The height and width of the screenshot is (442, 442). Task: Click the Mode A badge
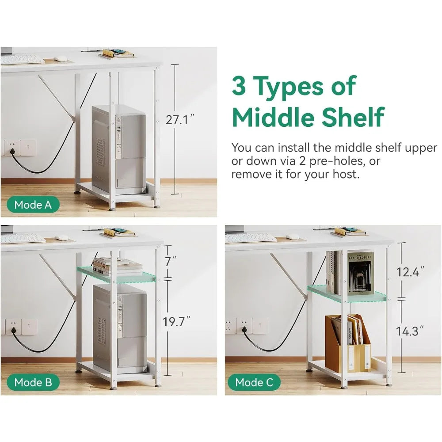click(x=33, y=205)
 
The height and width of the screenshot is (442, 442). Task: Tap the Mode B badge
click(x=33, y=382)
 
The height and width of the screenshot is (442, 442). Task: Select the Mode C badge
click(x=254, y=382)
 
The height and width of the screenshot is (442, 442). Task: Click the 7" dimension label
click(x=171, y=261)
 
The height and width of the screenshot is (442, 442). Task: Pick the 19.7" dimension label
click(x=176, y=321)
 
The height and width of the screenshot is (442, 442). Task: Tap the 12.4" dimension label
click(x=410, y=272)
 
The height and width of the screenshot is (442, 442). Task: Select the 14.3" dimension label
click(x=410, y=331)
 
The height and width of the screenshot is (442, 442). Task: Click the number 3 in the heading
click(x=239, y=86)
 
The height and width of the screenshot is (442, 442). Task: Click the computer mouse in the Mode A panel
click(x=60, y=59)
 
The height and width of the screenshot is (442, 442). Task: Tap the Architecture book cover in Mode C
click(x=361, y=274)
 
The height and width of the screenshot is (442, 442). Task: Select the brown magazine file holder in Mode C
click(x=347, y=343)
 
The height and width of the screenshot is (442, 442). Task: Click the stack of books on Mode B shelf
click(x=117, y=267)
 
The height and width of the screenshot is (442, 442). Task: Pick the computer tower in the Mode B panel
click(x=119, y=326)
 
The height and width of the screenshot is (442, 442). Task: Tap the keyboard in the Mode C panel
click(x=251, y=238)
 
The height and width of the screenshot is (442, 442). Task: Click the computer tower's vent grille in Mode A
click(x=100, y=152)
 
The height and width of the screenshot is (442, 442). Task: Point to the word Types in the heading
click(x=290, y=88)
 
